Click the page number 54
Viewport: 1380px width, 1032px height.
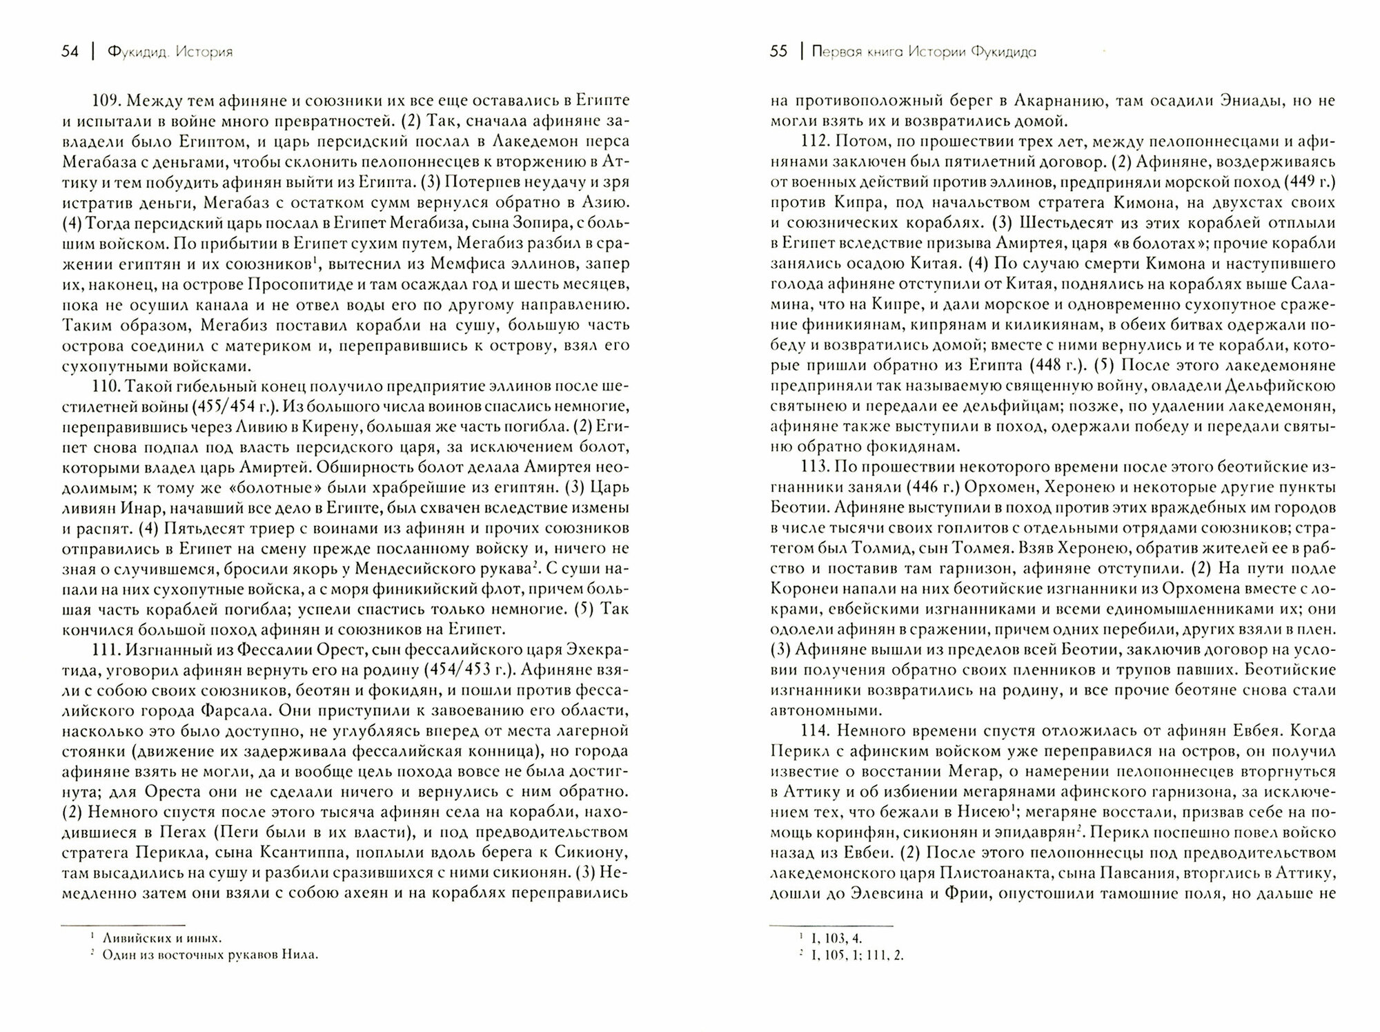point(70,52)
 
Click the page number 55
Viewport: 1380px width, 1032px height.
point(778,52)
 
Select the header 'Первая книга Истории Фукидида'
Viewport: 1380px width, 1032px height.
point(923,52)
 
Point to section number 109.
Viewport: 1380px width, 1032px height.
point(104,101)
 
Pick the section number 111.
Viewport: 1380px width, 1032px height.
point(104,650)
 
